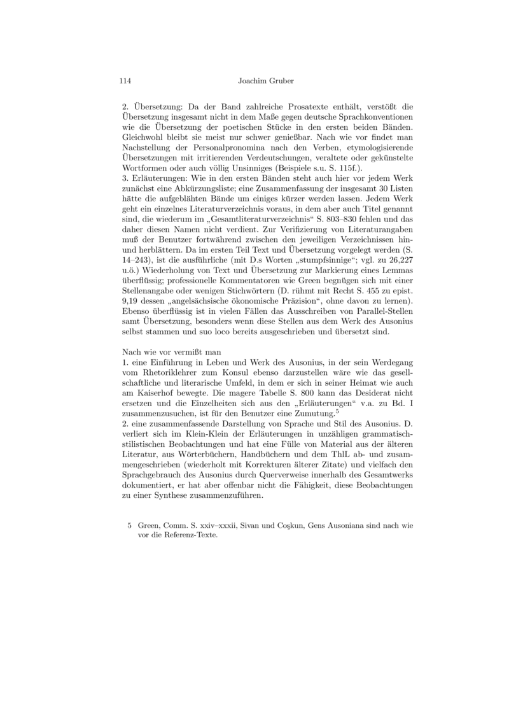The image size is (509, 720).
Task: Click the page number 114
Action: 125,81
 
